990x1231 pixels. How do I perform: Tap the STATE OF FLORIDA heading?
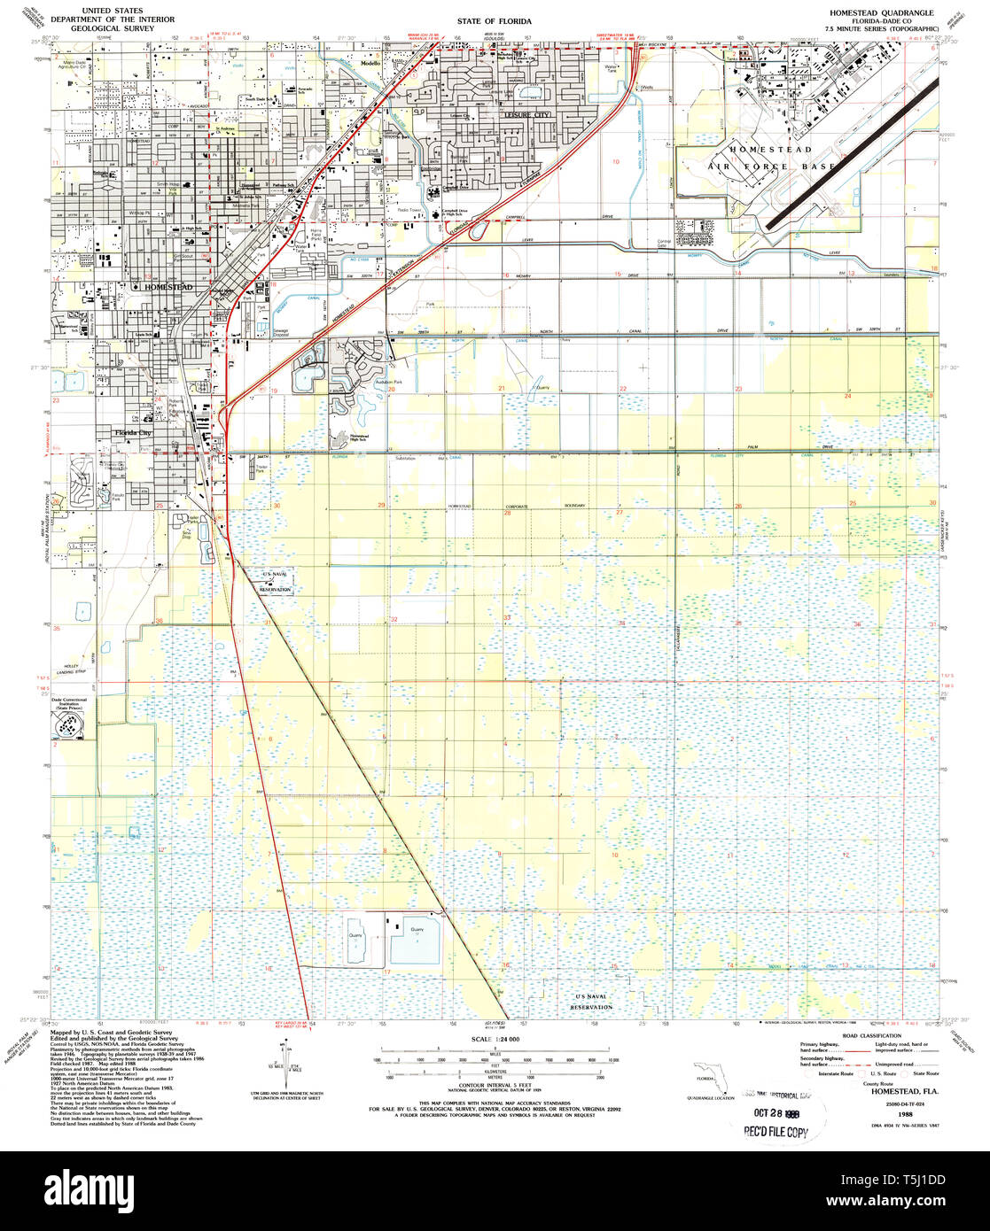pos(495,19)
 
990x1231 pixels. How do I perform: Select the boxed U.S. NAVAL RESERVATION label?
pos(275,582)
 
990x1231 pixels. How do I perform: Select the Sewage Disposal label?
pos(281,333)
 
